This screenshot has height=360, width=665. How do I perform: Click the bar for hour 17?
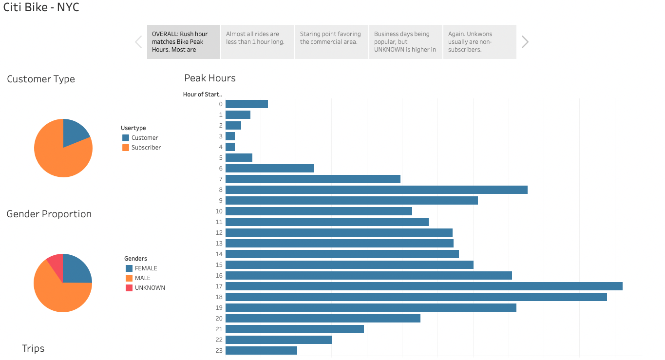pyautogui.click(x=424, y=286)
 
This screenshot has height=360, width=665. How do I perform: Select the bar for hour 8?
pyautogui.click(x=376, y=190)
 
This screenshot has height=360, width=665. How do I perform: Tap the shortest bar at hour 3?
pyautogui.click(x=230, y=136)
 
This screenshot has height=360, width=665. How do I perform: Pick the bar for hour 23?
pyautogui.click(x=261, y=351)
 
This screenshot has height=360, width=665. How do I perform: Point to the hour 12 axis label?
pyautogui.click(x=219, y=233)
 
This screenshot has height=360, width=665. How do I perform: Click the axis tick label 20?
pyautogui.click(x=219, y=319)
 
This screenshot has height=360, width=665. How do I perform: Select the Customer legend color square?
pyautogui.click(x=126, y=138)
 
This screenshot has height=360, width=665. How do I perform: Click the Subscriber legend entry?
pyautogui.click(x=146, y=148)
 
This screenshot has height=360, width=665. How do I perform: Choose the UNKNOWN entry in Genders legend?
pyautogui.click(x=150, y=288)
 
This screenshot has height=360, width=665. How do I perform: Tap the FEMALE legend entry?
pyautogui.click(x=146, y=268)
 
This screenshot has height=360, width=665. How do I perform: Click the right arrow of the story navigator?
pyautogui.click(x=525, y=42)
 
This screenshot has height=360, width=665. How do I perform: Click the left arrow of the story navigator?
pyautogui.click(x=138, y=42)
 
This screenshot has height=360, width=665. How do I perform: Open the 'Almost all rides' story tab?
pyautogui.click(x=258, y=42)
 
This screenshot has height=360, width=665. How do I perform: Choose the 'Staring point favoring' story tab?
pyautogui.click(x=332, y=42)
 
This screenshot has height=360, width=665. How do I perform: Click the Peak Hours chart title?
pyautogui.click(x=210, y=78)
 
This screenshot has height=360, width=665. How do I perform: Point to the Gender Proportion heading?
pyautogui.click(x=49, y=214)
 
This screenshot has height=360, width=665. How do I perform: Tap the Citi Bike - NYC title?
pyautogui.click(x=41, y=8)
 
